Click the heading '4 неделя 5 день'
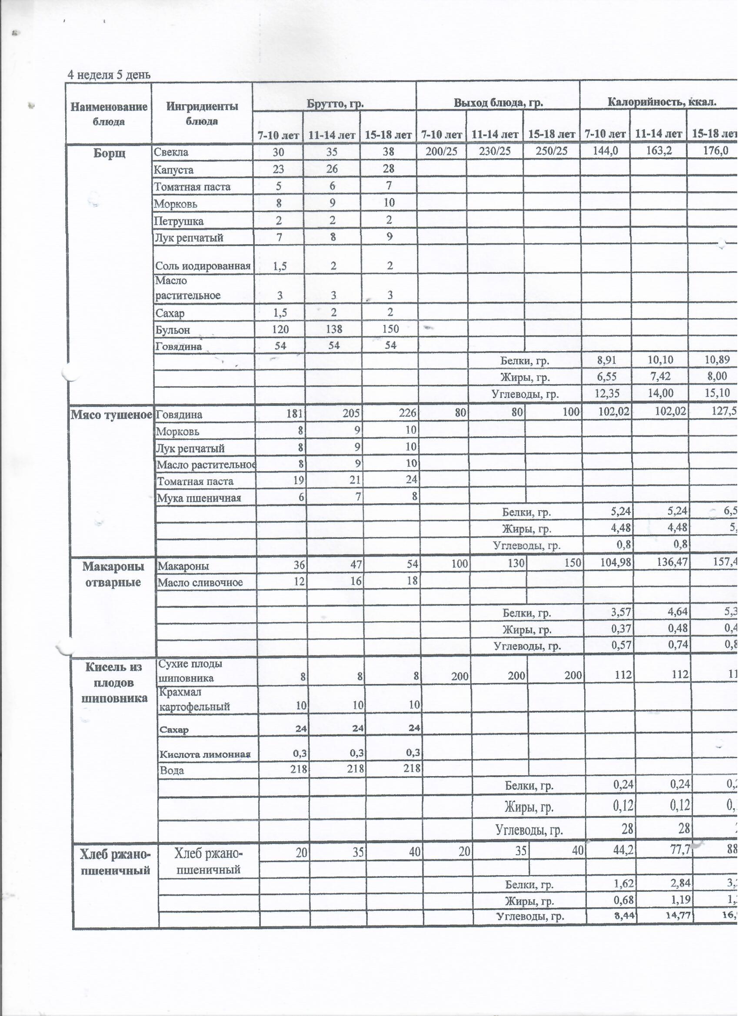[x=109, y=75]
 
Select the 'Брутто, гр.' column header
[x=335, y=103]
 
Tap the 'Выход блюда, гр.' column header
[x=499, y=103]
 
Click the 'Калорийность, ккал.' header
[x=662, y=102]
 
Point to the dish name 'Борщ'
[x=110, y=153]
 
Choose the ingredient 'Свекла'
[x=171, y=152]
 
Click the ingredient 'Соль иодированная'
[x=203, y=266]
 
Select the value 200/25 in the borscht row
[x=442, y=151]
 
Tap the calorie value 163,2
[x=659, y=151]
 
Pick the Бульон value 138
[x=334, y=330]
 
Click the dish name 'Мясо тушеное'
[x=111, y=415]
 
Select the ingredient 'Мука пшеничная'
[x=199, y=498]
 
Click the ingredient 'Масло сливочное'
[x=200, y=582]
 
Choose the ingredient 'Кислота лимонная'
[x=205, y=754]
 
